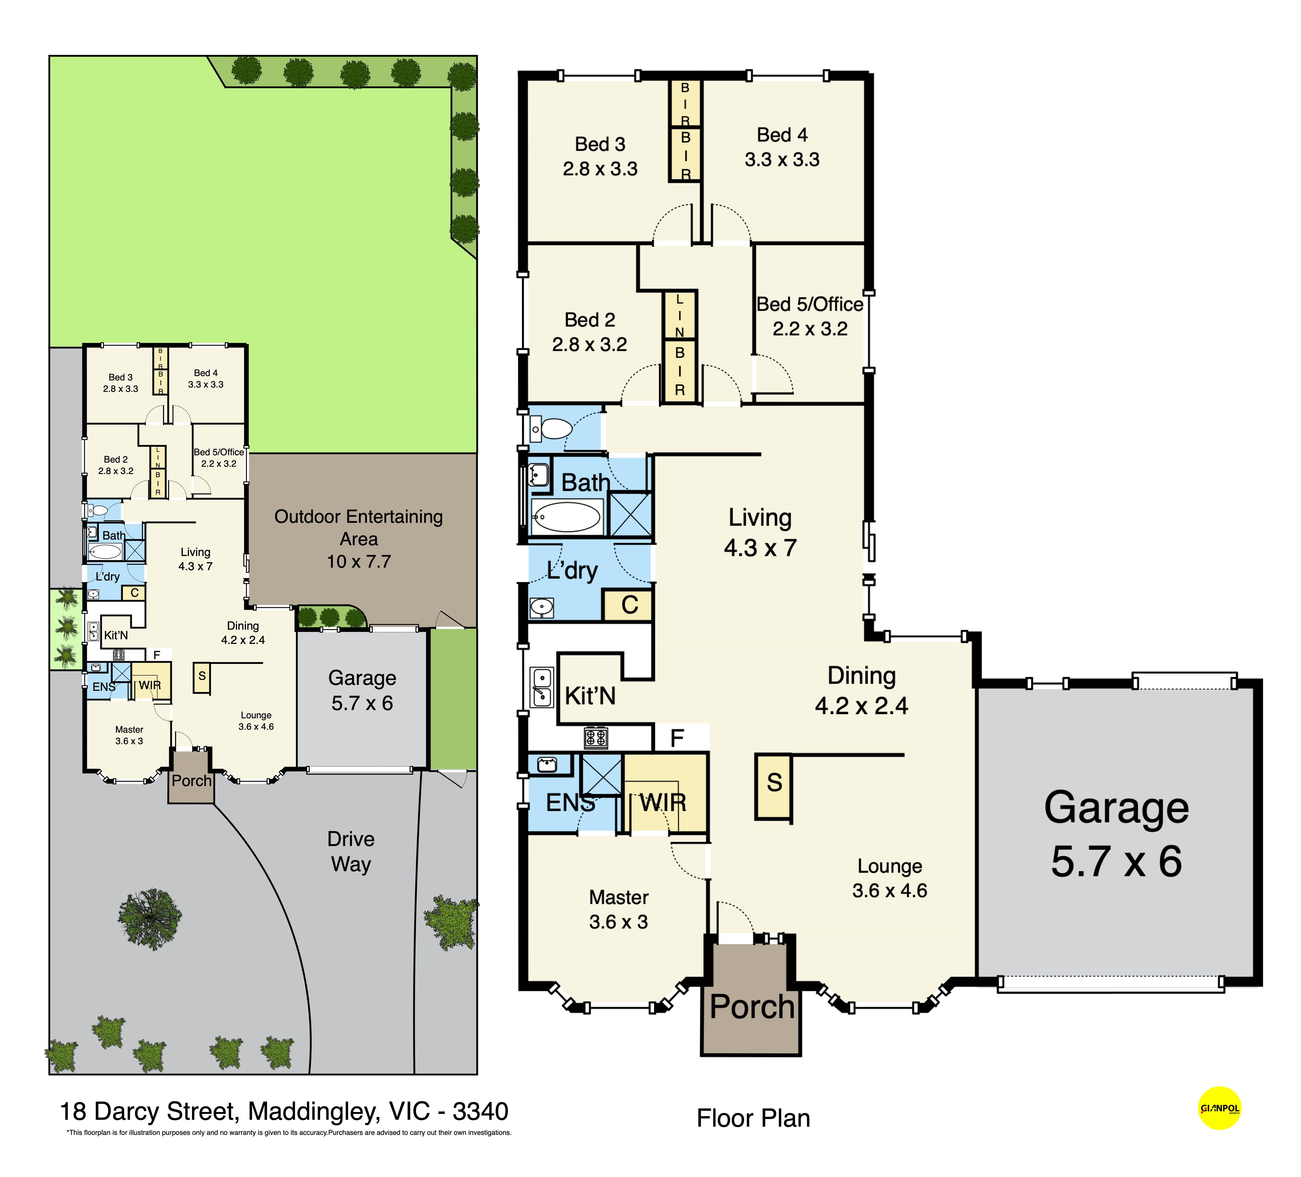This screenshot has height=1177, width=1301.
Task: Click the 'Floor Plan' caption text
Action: [x=753, y=1118]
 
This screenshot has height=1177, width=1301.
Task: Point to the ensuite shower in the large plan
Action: [x=602, y=774]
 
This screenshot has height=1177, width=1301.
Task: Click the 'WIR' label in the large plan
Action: [x=663, y=803]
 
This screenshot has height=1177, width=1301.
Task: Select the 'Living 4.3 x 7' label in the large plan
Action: [x=760, y=533]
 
